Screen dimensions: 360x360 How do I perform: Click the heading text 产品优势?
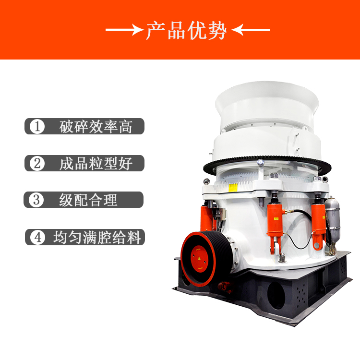click(x=186, y=30)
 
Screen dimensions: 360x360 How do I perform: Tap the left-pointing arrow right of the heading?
click(x=251, y=30)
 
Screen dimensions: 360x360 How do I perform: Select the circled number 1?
click(x=37, y=126)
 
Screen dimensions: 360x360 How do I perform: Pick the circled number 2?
click(x=37, y=163)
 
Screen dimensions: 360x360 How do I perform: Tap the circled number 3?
click(x=36, y=200)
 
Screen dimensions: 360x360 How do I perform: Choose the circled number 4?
click(x=37, y=237)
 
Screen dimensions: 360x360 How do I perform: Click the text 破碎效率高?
click(x=96, y=127)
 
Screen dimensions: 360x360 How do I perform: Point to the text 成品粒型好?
click(x=96, y=164)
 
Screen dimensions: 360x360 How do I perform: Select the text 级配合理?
click(x=88, y=200)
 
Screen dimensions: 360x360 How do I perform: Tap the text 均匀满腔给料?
click(x=97, y=237)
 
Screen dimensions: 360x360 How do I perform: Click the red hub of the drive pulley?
click(x=199, y=259)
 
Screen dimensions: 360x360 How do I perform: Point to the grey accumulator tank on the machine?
click(x=332, y=220)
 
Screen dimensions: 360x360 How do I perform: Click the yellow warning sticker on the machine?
click(x=233, y=188)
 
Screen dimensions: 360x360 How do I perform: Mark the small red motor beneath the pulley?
click(x=224, y=287)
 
